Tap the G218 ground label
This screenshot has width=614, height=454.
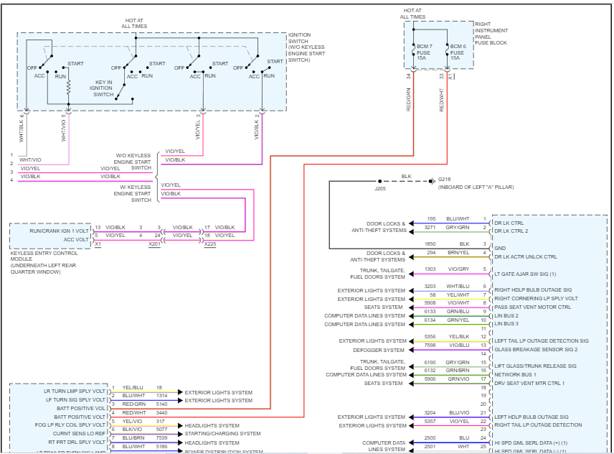coord(447,180)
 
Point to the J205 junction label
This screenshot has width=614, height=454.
coord(380,188)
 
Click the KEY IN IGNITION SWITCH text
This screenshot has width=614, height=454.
coord(104,88)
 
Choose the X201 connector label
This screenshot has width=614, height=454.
coord(155,244)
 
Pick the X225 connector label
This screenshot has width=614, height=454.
coord(209,244)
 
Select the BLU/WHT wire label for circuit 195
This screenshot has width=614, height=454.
coord(457,219)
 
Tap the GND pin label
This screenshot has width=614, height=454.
coord(501,248)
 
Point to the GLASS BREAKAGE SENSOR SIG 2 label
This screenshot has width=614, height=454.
coord(535,349)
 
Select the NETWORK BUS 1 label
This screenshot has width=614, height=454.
coord(515,374)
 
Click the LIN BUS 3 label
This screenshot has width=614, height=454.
coord(506,324)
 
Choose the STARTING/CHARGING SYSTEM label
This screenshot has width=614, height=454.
coord(222,434)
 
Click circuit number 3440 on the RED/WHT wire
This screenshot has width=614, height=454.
coord(163,413)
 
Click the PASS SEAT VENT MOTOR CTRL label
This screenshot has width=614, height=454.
coord(532,307)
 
